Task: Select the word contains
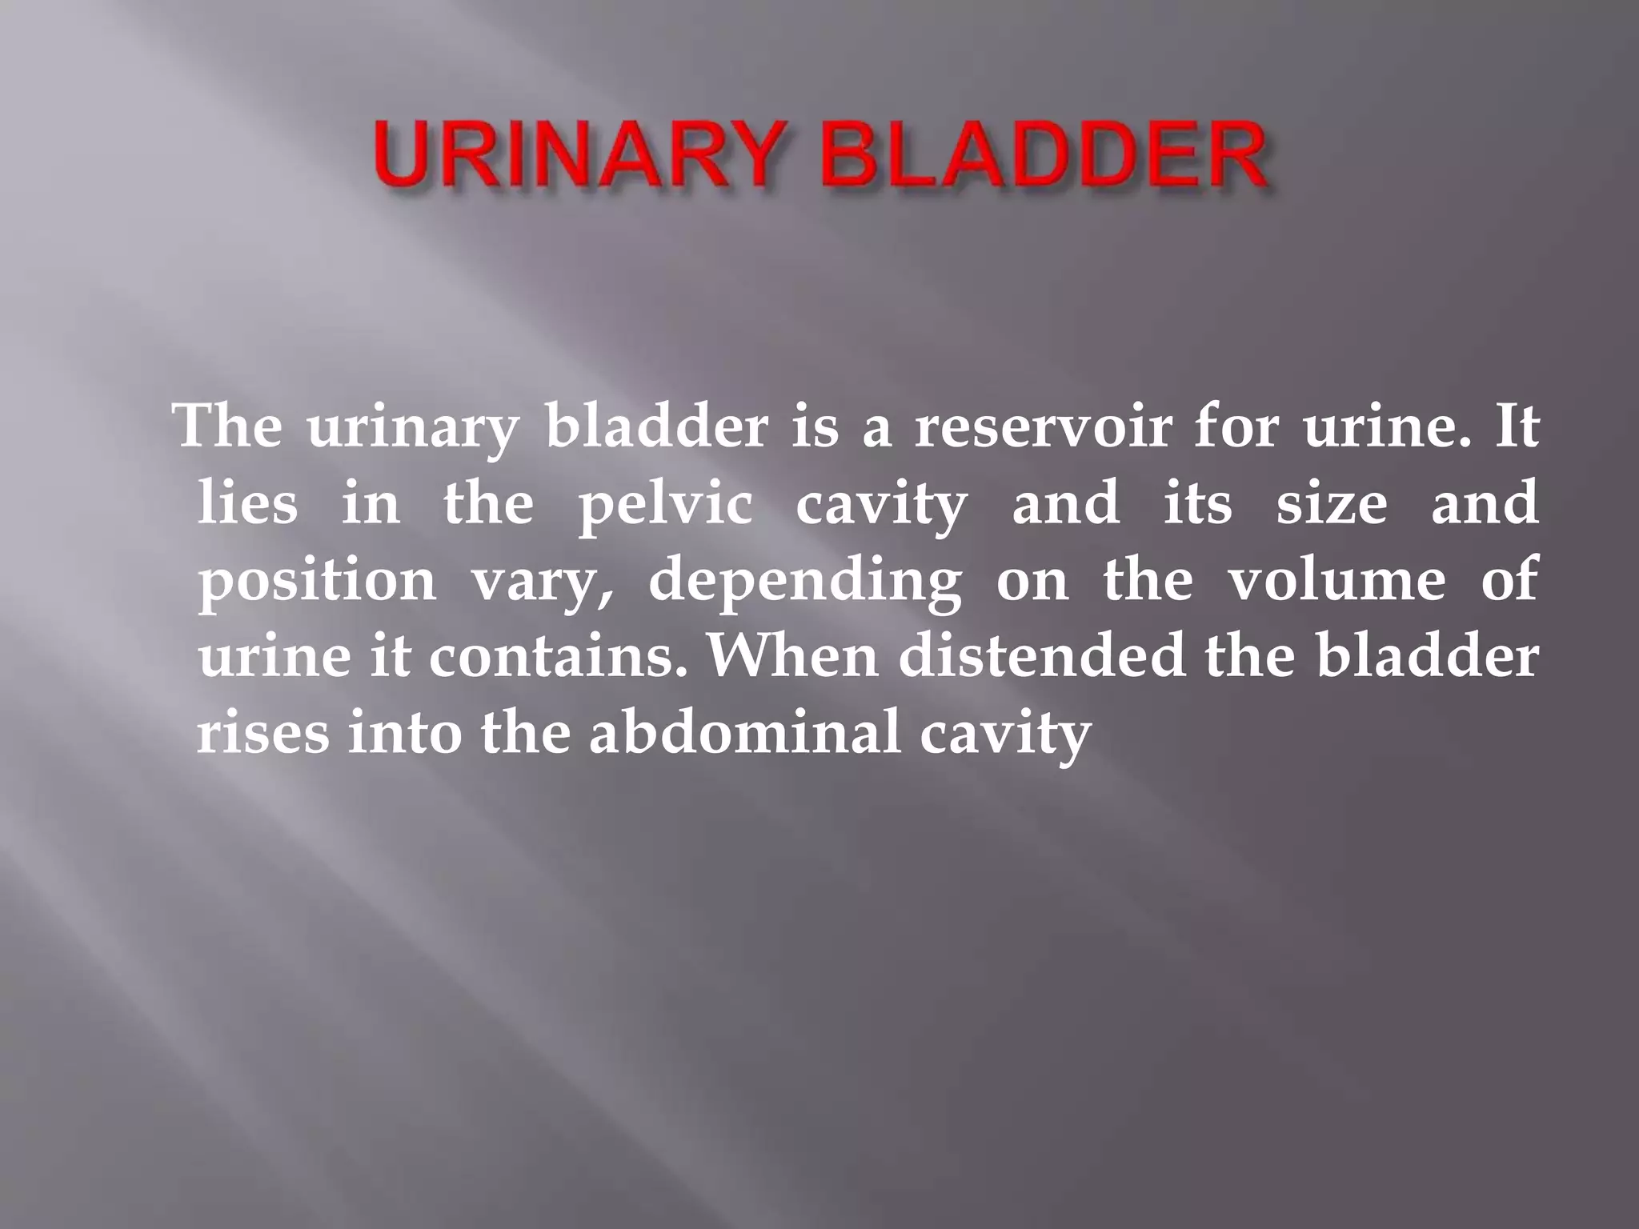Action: [557, 656]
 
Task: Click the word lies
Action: [247, 504]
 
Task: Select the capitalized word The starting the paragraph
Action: [229, 427]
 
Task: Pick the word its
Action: [1197, 504]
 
